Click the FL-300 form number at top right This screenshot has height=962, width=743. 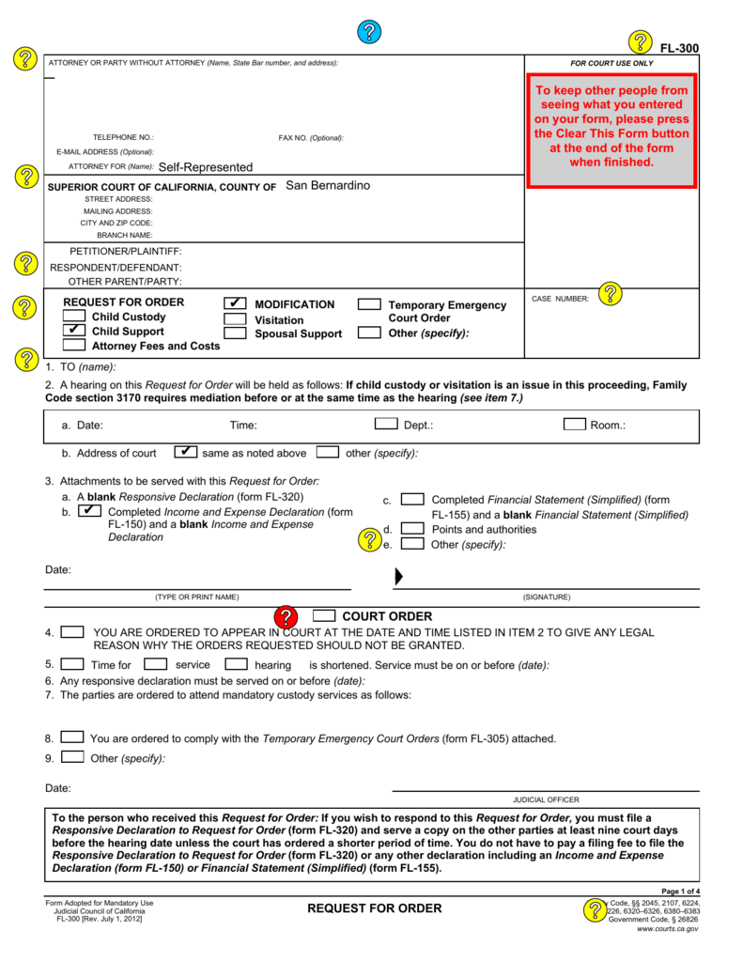click(x=679, y=49)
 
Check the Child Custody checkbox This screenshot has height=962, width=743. click(x=74, y=317)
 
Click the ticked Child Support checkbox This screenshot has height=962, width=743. click(x=74, y=331)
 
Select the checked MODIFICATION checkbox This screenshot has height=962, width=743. click(x=236, y=303)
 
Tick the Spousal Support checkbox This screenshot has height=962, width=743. click(x=236, y=334)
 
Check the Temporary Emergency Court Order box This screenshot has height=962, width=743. click(x=370, y=304)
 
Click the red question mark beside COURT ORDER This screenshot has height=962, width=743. click(x=286, y=617)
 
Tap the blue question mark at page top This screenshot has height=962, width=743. click(x=369, y=32)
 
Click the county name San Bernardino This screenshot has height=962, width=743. click(x=328, y=185)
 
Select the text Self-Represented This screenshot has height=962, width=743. click(x=205, y=167)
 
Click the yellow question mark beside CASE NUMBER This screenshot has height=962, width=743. click(x=610, y=294)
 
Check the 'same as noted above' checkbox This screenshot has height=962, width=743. click(x=186, y=452)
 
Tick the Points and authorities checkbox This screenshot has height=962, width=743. click(x=411, y=529)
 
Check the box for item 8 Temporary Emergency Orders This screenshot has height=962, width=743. click(x=72, y=737)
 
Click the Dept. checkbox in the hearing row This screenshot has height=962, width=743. click(x=385, y=424)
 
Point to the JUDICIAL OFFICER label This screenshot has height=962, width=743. click(x=546, y=799)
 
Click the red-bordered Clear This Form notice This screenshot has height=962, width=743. click(x=611, y=131)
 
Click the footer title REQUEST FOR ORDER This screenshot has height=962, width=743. click(x=374, y=908)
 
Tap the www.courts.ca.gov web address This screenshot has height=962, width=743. click(x=667, y=928)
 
